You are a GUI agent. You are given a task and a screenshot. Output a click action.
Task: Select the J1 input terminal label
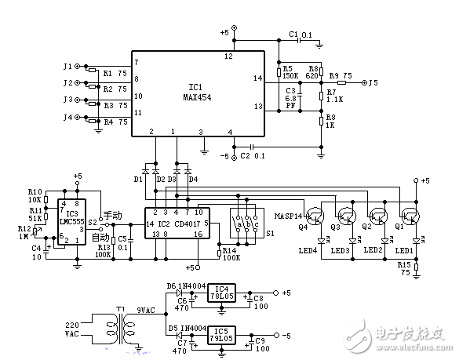[67, 66]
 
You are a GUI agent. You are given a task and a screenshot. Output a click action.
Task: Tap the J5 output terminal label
[373, 82]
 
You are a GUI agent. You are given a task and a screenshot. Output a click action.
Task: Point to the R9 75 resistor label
[339, 75]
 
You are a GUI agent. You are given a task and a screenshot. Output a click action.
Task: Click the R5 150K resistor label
[290, 72]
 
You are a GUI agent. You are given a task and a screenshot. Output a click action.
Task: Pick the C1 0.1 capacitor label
[300, 35]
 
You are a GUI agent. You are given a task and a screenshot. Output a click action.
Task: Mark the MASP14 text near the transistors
[290, 213]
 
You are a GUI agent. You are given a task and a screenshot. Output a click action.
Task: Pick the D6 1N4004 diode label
[184, 286]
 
